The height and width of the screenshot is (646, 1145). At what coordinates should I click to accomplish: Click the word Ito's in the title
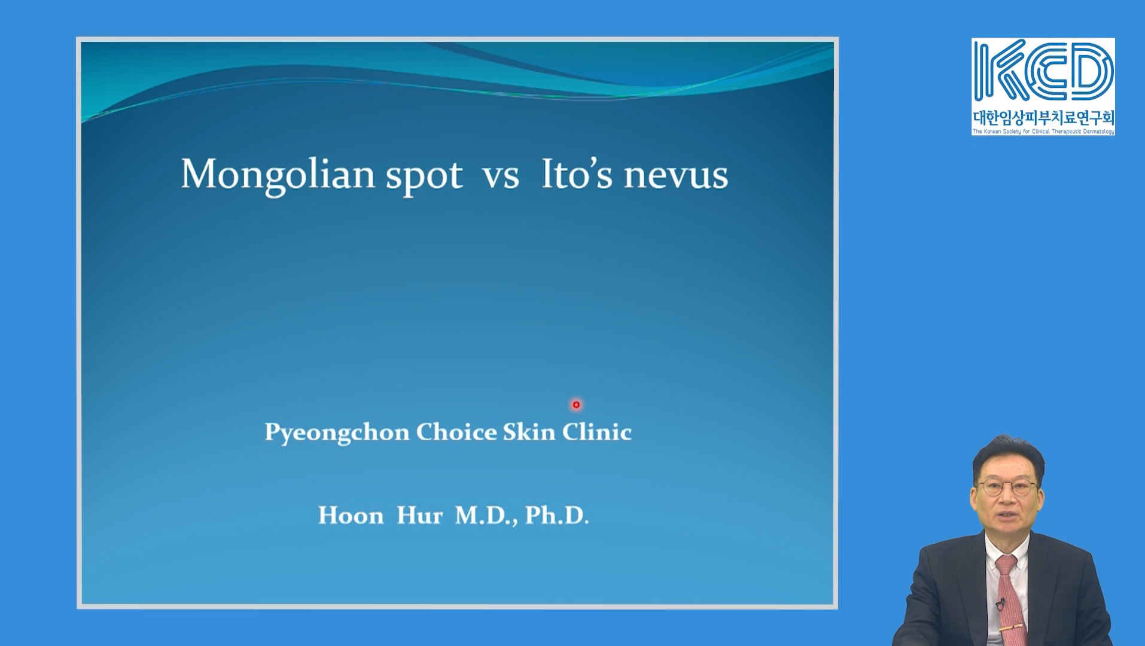[x=577, y=173]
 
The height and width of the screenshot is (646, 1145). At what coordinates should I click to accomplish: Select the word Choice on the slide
[x=456, y=432]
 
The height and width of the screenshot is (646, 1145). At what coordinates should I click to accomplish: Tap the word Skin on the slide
[x=529, y=432]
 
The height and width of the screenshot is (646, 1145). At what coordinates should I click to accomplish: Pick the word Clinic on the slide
[x=596, y=432]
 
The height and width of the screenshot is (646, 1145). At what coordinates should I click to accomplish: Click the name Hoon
[x=351, y=515]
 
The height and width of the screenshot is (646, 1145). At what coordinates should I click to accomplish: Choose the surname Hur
[x=420, y=515]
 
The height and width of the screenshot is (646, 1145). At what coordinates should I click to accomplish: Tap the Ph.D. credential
[x=557, y=515]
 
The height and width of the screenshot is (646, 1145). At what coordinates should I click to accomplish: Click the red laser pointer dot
[x=576, y=405]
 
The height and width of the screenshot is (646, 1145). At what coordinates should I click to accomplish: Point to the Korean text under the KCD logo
[x=1043, y=117]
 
